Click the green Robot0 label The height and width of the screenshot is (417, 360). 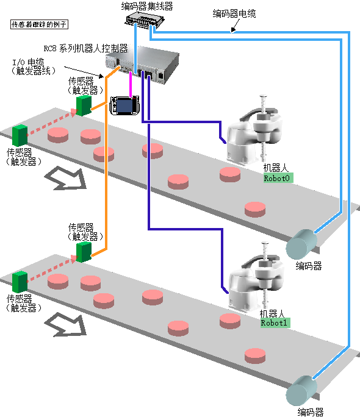[278, 178]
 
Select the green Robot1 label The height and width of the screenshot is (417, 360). [275, 323]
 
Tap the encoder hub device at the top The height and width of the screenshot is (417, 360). [145, 20]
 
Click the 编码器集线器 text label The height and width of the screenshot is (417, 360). [147, 6]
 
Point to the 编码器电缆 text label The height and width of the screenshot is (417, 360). [234, 13]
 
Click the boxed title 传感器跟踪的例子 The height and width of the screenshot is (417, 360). [40, 24]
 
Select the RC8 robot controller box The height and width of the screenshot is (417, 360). [142, 65]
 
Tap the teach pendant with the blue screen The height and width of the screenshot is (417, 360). [124, 105]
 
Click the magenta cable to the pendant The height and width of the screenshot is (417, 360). [131, 84]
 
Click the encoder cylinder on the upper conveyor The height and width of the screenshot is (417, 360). [301, 244]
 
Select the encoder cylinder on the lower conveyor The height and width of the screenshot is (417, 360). [301, 390]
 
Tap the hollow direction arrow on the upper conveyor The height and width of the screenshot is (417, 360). [66, 177]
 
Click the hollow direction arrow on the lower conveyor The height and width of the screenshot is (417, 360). [66, 324]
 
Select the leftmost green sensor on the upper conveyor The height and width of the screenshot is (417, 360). [20, 135]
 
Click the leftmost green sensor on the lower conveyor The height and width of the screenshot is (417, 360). [20, 282]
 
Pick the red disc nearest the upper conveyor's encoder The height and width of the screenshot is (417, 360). [255, 210]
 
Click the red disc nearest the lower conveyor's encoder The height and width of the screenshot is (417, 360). [255, 356]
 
